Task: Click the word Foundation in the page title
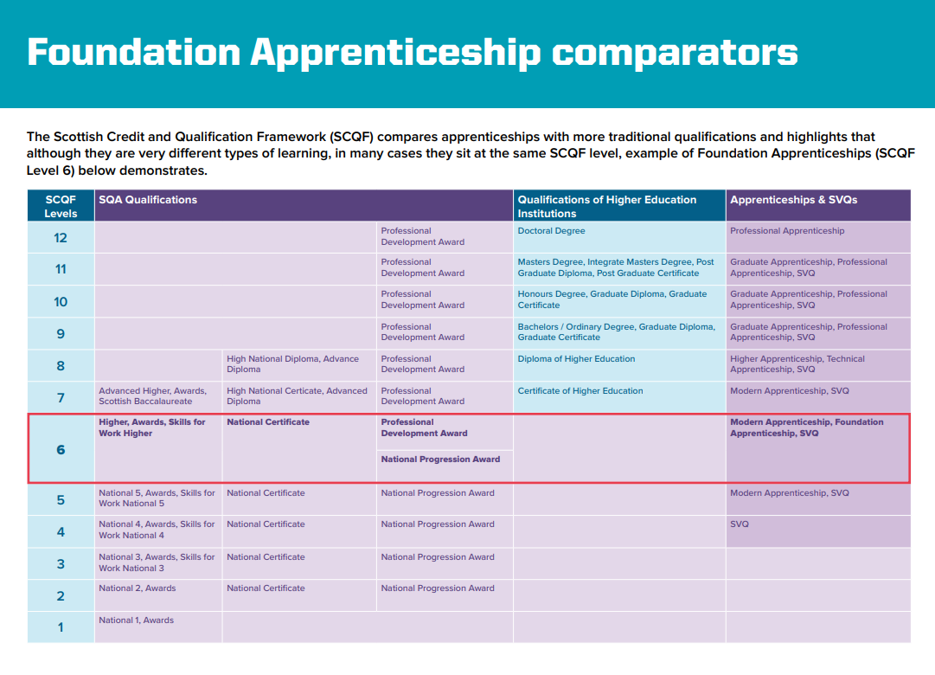[x=132, y=53]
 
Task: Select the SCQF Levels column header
[x=61, y=206]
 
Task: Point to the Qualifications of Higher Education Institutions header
[x=606, y=206]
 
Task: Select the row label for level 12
[x=61, y=237]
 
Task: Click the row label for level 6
[x=61, y=450]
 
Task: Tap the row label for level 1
[x=61, y=627]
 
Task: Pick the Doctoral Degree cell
[x=551, y=231]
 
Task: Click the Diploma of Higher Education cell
[x=576, y=359]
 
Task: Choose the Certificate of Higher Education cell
[x=580, y=391]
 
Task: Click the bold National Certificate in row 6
[x=268, y=422]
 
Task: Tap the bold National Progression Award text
[x=440, y=460]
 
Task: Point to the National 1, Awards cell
[x=137, y=620]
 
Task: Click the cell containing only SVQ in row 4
[x=740, y=524]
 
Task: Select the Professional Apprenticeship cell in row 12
[x=787, y=231]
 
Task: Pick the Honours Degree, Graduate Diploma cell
[x=612, y=299]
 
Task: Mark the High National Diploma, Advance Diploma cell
[x=292, y=363]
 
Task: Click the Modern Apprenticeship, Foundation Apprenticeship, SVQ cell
[x=806, y=427]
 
